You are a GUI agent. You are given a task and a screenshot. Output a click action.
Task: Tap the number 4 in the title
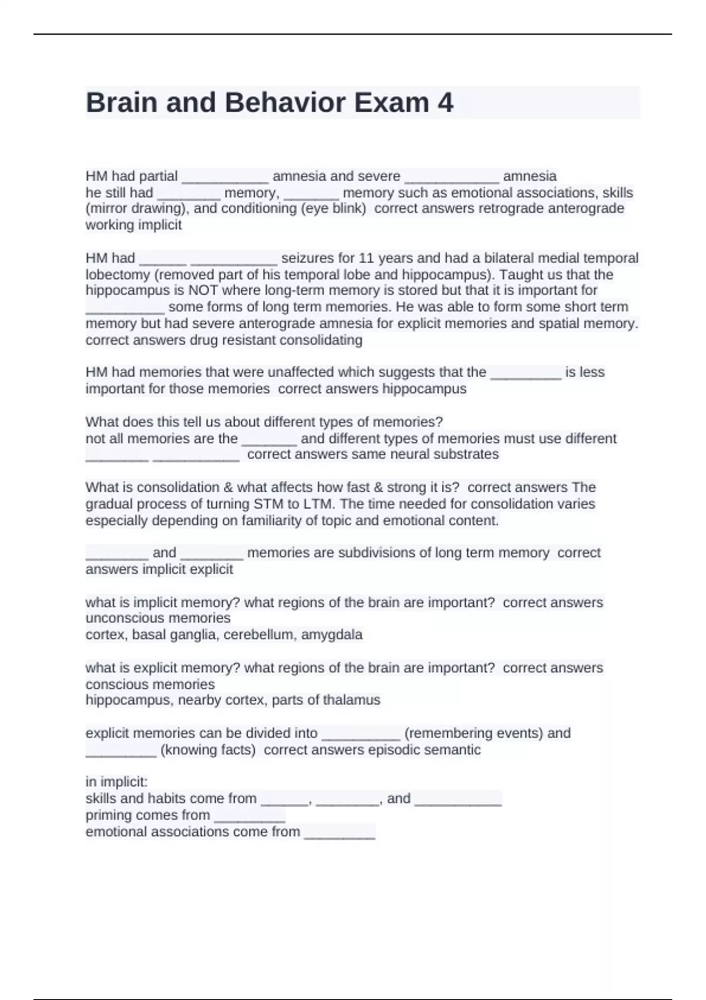(x=445, y=103)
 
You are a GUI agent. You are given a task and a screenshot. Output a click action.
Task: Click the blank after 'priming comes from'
(x=250, y=816)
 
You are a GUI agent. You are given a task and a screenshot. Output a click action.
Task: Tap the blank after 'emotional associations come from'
(x=339, y=832)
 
